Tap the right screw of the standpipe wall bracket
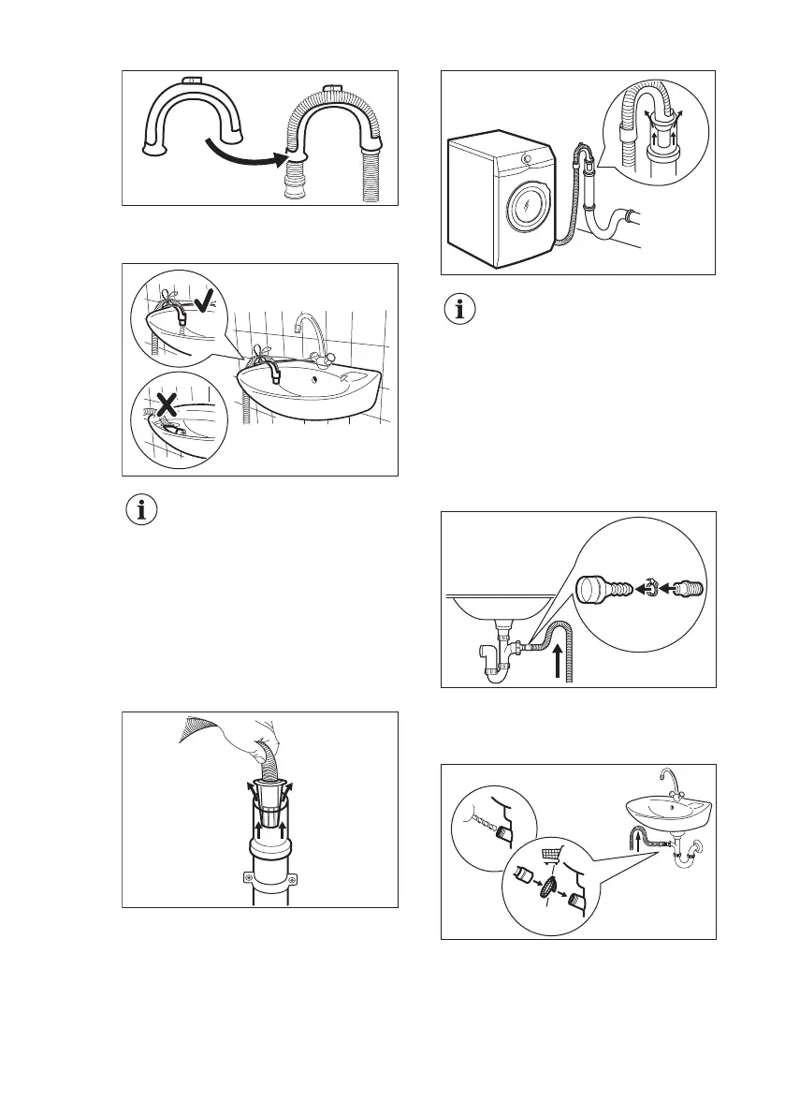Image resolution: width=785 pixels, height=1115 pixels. [x=292, y=879]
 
